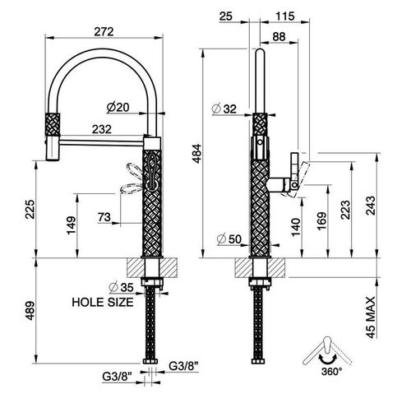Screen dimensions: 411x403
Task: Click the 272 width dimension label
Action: pos(104,32)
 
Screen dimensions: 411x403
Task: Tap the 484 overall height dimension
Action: pos(197,153)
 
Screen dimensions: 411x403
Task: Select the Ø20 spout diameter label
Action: pos(118,107)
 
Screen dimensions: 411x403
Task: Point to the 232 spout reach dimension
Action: pos(102,129)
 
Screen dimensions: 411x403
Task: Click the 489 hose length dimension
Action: pos(30,311)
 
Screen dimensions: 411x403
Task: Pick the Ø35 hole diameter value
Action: pos(121,287)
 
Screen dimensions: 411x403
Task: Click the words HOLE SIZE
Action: pos(103,302)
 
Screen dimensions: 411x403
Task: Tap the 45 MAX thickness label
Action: pos(370,317)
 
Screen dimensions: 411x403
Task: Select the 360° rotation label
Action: pos(332,372)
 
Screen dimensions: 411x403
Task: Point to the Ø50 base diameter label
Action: pos(229,239)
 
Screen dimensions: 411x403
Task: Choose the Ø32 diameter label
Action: pos(224,109)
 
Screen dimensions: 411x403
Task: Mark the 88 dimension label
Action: pos(279,36)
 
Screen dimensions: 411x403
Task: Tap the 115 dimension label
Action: pos(285,16)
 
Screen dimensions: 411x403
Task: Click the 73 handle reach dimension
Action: pos(104,217)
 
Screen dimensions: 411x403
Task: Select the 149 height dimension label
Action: pos(71,225)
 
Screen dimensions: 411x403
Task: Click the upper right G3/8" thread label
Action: pos(183,366)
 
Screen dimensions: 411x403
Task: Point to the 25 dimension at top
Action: pos(226,16)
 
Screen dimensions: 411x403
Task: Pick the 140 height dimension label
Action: pos(296,227)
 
